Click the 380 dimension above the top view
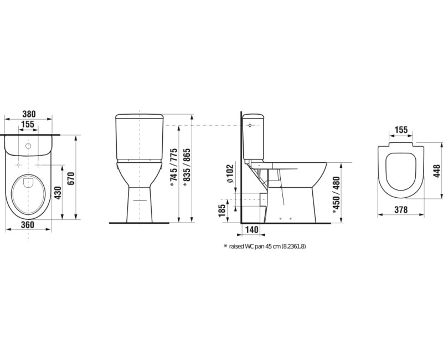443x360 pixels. (x=29, y=114)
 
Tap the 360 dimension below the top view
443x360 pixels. (x=28, y=225)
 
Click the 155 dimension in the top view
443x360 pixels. (x=28, y=124)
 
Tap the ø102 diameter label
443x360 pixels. (x=230, y=173)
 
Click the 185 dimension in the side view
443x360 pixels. (x=222, y=210)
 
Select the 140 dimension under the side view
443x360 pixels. (x=251, y=230)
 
